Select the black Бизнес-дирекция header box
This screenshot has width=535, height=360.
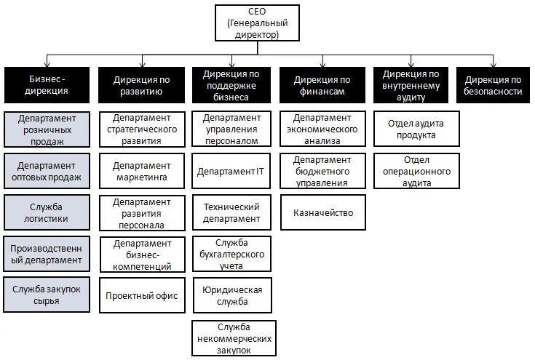(48, 84)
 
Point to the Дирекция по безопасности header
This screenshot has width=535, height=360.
(494, 84)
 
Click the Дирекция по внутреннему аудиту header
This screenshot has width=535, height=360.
(411, 84)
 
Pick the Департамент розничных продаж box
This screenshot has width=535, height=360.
(47, 129)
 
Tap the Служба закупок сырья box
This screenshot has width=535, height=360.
(47, 295)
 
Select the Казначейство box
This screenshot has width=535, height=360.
(322, 213)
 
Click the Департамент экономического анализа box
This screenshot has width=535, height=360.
(322, 129)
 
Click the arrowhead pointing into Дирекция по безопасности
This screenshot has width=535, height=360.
(494, 65)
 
